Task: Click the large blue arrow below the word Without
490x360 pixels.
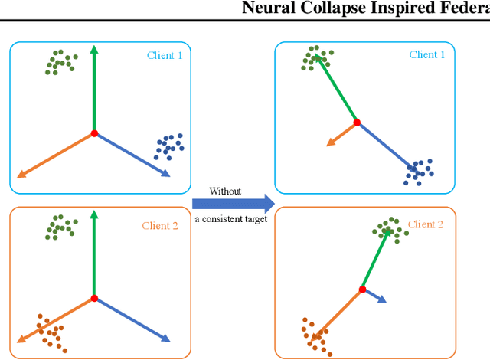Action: (232, 204)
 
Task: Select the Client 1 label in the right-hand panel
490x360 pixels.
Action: (427, 54)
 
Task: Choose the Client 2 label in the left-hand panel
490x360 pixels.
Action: (161, 225)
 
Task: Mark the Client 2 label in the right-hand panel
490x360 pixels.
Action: (425, 224)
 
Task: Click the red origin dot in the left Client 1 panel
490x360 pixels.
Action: (94, 133)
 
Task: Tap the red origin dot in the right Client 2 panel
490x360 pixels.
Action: (362, 290)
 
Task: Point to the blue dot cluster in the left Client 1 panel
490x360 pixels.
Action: (169, 146)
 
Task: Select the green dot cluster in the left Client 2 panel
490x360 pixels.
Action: (59, 226)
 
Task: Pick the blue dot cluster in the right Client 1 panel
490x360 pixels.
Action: (419, 171)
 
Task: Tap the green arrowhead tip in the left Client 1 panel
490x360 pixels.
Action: (93, 47)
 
